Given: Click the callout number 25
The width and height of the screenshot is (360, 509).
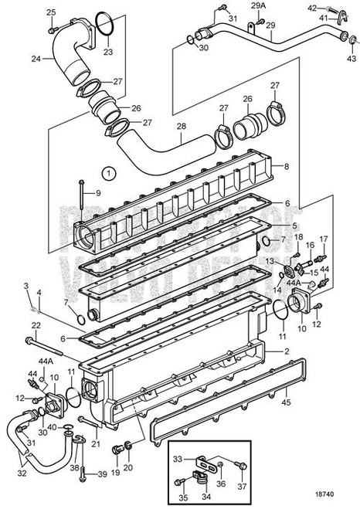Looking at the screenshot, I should tap(52, 12).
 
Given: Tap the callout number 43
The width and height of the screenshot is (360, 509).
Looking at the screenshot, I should tap(352, 58).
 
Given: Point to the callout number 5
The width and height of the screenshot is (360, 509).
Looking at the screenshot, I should tap(272, 226).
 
